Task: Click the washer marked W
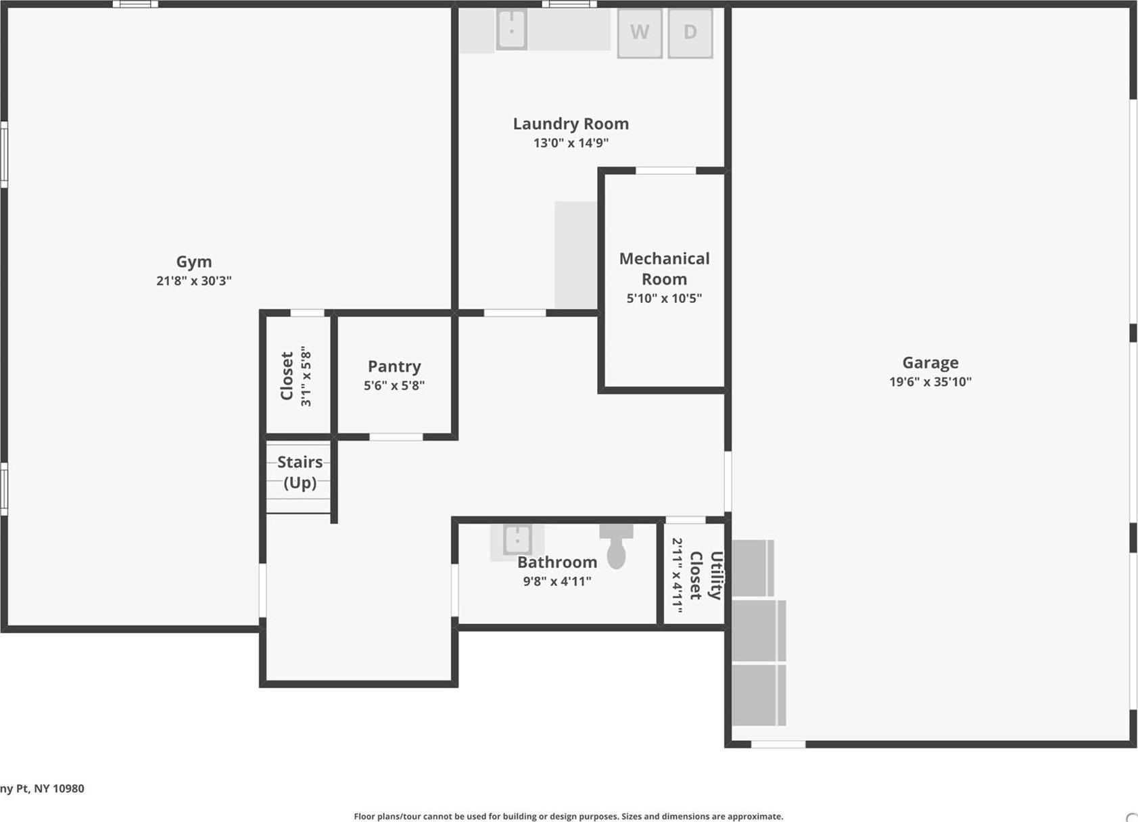(639, 32)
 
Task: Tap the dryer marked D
(690, 32)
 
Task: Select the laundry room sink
(512, 30)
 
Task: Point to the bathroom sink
(517, 540)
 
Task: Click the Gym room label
(194, 262)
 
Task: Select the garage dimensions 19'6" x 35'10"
(930, 382)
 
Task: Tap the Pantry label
(394, 366)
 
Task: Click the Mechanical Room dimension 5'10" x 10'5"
(664, 298)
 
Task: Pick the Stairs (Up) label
(300, 472)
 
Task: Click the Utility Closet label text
(705, 575)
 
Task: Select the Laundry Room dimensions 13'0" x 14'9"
(571, 143)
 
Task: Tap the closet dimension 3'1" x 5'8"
(306, 377)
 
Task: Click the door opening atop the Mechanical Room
(665, 171)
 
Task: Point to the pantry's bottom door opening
(396, 437)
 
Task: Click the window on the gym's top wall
(135, 4)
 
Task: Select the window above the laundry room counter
(569, 4)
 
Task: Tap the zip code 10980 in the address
(68, 788)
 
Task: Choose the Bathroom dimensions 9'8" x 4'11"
(557, 581)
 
